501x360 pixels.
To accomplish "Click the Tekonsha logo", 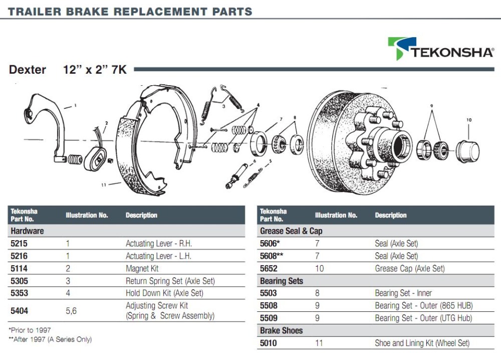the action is (x=441, y=49).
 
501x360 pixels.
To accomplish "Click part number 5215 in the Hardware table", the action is (x=19, y=244).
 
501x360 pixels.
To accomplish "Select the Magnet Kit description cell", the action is (x=142, y=269).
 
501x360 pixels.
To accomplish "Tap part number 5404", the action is (x=19, y=311).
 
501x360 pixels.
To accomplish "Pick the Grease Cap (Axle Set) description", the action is (x=410, y=269).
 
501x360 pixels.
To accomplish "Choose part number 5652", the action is (x=269, y=269).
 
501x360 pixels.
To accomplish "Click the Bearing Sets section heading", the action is (x=282, y=281).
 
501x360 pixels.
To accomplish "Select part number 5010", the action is (x=268, y=343).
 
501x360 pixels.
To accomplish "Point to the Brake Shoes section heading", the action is (x=281, y=330).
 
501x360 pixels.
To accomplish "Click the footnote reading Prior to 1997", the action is (x=30, y=330).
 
